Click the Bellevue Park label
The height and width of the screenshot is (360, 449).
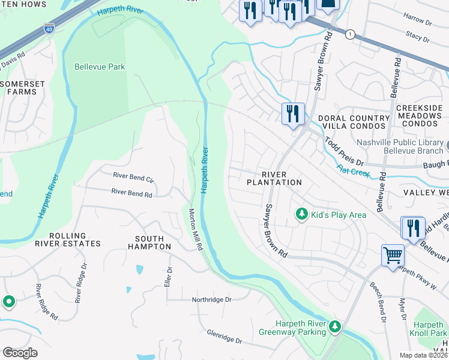coord(100,67)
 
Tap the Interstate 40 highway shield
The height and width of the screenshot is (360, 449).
coord(49,28)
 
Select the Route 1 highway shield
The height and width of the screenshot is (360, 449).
coord(349,35)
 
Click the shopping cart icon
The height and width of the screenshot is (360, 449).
coord(393,256)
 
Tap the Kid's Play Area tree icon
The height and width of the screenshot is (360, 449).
coord(301,214)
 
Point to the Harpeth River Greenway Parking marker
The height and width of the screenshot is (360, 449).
coord(335,327)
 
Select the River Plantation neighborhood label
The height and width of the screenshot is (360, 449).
coord(274,178)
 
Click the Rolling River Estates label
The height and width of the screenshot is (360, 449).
coord(67,239)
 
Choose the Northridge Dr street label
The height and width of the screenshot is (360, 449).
coord(211,299)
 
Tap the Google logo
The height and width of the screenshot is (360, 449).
coord(20,352)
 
